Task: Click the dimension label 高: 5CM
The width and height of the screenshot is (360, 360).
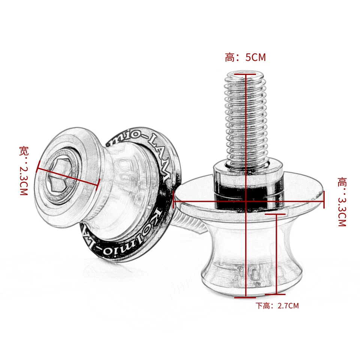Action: [245, 58]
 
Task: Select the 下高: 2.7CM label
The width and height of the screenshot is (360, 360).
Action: [277, 306]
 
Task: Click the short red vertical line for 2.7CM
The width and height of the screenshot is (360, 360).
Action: [276, 255]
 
